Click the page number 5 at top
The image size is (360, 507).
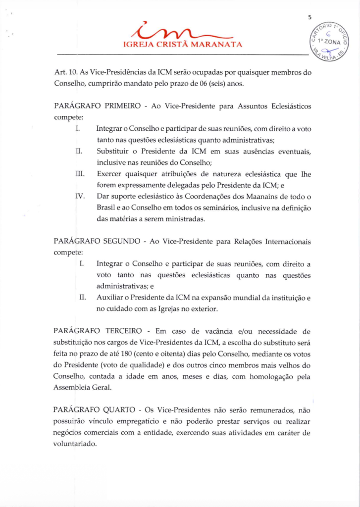click(309, 18)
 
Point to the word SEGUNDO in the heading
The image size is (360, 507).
click(122, 242)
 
